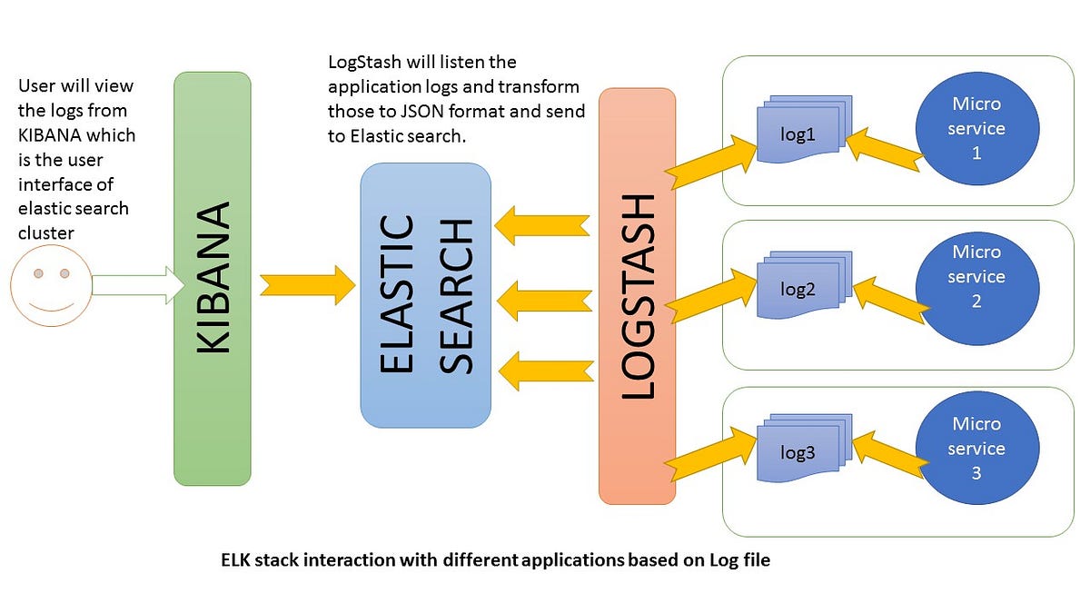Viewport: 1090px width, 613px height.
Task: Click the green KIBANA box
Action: pyautogui.click(x=212, y=278)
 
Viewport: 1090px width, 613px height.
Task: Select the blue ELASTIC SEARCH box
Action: pyautogui.click(x=425, y=295)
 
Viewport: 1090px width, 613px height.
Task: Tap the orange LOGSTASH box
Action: pyautogui.click(x=637, y=295)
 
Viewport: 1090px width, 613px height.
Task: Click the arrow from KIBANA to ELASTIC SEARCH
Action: pyautogui.click(x=307, y=283)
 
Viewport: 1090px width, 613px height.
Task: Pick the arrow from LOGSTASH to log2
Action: pyautogui.click(x=713, y=291)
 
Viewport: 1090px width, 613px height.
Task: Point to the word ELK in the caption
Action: pyautogui.click(x=237, y=560)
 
